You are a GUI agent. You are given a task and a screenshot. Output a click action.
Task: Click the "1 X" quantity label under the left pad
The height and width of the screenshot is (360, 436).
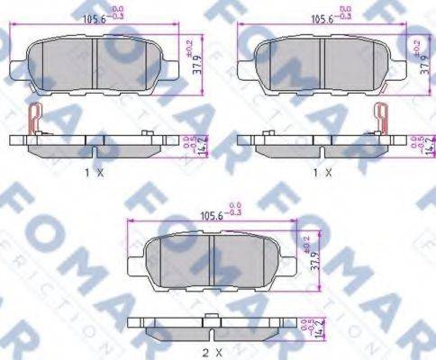pos(93,170)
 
